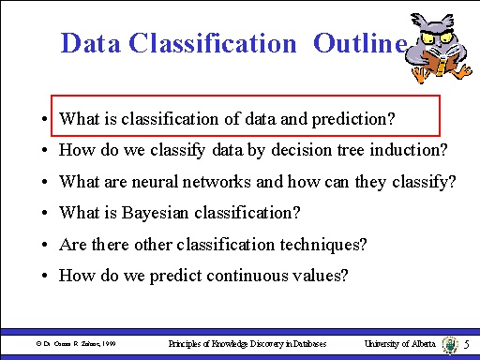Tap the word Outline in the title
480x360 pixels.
(360, 43)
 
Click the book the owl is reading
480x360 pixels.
(437, 63)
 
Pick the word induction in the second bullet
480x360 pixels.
(415, 150)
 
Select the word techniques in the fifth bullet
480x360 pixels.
(330, 245)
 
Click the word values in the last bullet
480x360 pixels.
(322, 276)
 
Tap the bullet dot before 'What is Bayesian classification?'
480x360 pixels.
(45, 214)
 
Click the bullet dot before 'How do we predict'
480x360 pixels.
(45, 277)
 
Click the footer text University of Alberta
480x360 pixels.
(399, 345)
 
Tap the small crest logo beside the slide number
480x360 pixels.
(448, 345)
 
